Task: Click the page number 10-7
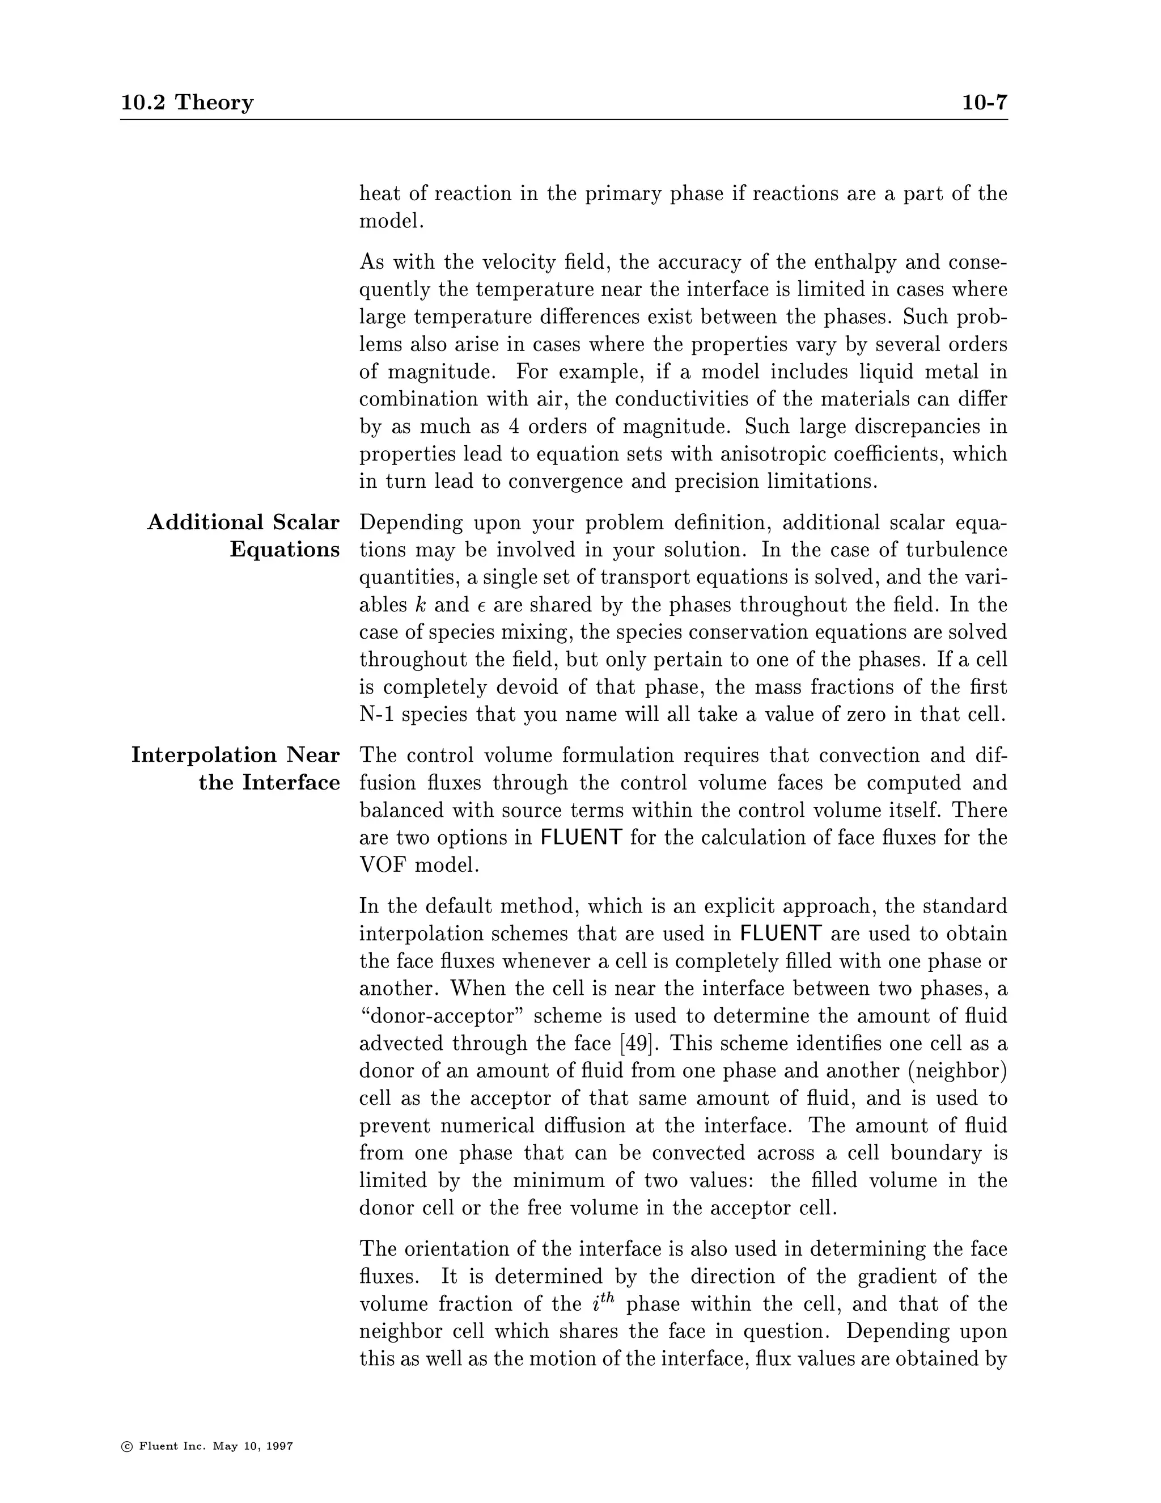(x=984, y=103)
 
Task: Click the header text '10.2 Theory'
(x=187, y=103)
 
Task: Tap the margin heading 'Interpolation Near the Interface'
(x=236, y=769)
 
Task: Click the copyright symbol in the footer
(x=126, y=1446)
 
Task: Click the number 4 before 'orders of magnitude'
(x=514, y=427)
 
